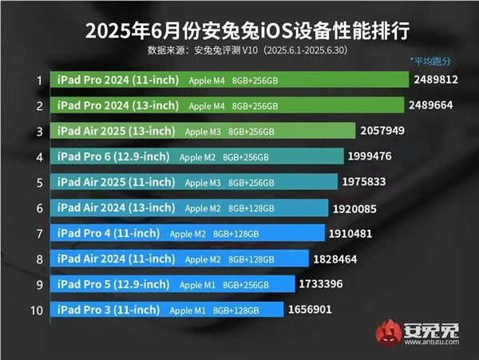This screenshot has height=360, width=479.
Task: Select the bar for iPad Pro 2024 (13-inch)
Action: point(232,105)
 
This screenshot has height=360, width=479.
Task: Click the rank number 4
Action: point(38,156)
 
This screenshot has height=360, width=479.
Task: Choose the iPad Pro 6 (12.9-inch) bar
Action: point(200,156)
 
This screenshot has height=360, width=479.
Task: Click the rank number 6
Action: point(38,208)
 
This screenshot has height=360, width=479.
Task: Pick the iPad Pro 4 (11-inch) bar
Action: point(188,233)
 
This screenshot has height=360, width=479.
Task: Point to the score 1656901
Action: point(311,309)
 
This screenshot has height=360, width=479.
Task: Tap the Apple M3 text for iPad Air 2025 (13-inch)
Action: point(200,131)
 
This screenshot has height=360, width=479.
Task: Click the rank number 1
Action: point(38,80)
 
